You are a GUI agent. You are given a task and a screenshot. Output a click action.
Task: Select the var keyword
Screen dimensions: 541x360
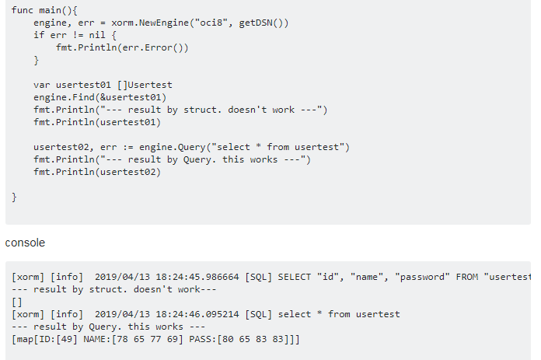click(x=42, y=85)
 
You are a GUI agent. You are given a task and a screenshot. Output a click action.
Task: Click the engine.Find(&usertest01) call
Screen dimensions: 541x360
click(x=100, y=97)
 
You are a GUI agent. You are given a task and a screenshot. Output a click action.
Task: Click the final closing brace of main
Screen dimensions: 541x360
click(x=14, y=197)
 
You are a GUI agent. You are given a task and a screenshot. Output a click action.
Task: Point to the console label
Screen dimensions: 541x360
click(x=25, y=243)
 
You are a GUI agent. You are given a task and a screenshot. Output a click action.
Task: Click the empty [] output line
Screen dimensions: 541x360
click(x=17, y=302)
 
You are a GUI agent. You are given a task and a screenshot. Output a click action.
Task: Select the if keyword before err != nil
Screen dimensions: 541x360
click(x=39, y=35)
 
